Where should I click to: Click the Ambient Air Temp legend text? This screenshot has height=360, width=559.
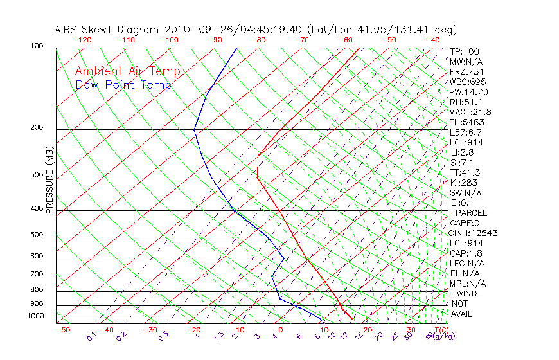click(128, 71)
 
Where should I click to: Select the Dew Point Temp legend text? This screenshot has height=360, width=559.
click(123, 85)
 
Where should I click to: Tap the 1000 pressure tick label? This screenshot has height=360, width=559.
click(37, 316)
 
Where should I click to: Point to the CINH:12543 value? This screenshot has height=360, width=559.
click(474, 233)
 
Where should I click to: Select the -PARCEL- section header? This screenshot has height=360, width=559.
click(471, 213)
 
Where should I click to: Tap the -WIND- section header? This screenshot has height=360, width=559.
click(467, 293)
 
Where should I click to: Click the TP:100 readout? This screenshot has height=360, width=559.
click(465, 51)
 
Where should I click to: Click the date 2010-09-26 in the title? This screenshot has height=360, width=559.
click(191, 30)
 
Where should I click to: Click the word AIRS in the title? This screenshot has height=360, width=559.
click(67, 30)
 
